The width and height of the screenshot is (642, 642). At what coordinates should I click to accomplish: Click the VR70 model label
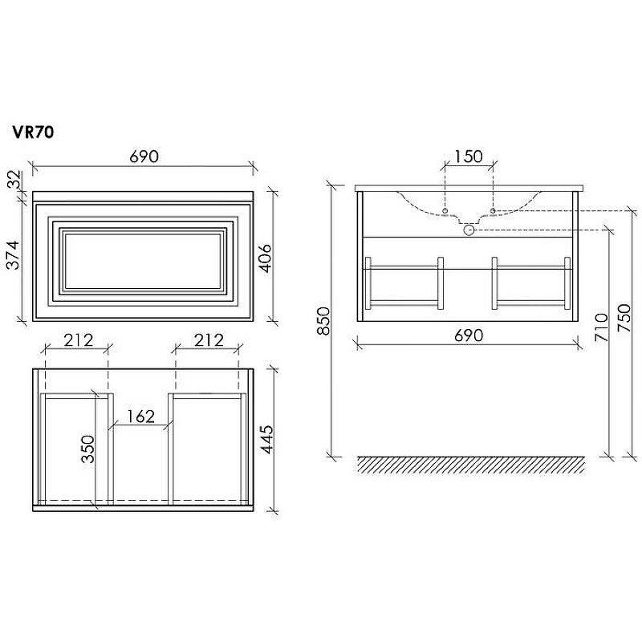click(33, 132)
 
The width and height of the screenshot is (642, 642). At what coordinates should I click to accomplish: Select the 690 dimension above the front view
click(144, 156)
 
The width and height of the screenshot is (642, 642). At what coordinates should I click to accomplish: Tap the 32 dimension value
click(14, 179)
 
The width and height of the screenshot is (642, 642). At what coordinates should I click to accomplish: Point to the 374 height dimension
click(14, 254)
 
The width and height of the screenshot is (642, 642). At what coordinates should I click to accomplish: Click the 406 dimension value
click(266, 258)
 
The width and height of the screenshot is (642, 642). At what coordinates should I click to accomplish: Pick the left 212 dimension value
click(79, 339)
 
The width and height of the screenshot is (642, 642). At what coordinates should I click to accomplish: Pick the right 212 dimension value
click(209, 339)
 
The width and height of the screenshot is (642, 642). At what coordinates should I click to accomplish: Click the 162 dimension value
click(140, 416)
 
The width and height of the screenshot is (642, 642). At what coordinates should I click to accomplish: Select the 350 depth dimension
click(87, 449)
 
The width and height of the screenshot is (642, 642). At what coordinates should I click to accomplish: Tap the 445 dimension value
click(266, 439)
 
